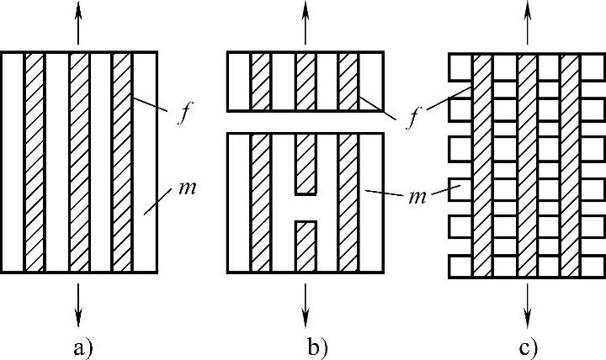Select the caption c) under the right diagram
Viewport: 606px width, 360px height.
coord(529,347)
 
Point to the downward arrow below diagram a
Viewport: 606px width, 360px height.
coord(79,303)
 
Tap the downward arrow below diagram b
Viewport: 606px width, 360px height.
coord(306,303)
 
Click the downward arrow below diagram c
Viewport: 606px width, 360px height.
coord(528,303)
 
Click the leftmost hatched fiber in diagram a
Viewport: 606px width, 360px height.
coord(35,161)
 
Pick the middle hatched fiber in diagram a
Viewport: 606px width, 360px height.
coord(78,161)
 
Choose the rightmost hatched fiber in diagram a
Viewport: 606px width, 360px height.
coord(122,161)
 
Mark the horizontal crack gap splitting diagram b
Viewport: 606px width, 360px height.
coord(306,122)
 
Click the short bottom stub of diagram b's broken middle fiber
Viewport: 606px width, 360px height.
coord(306,246)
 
